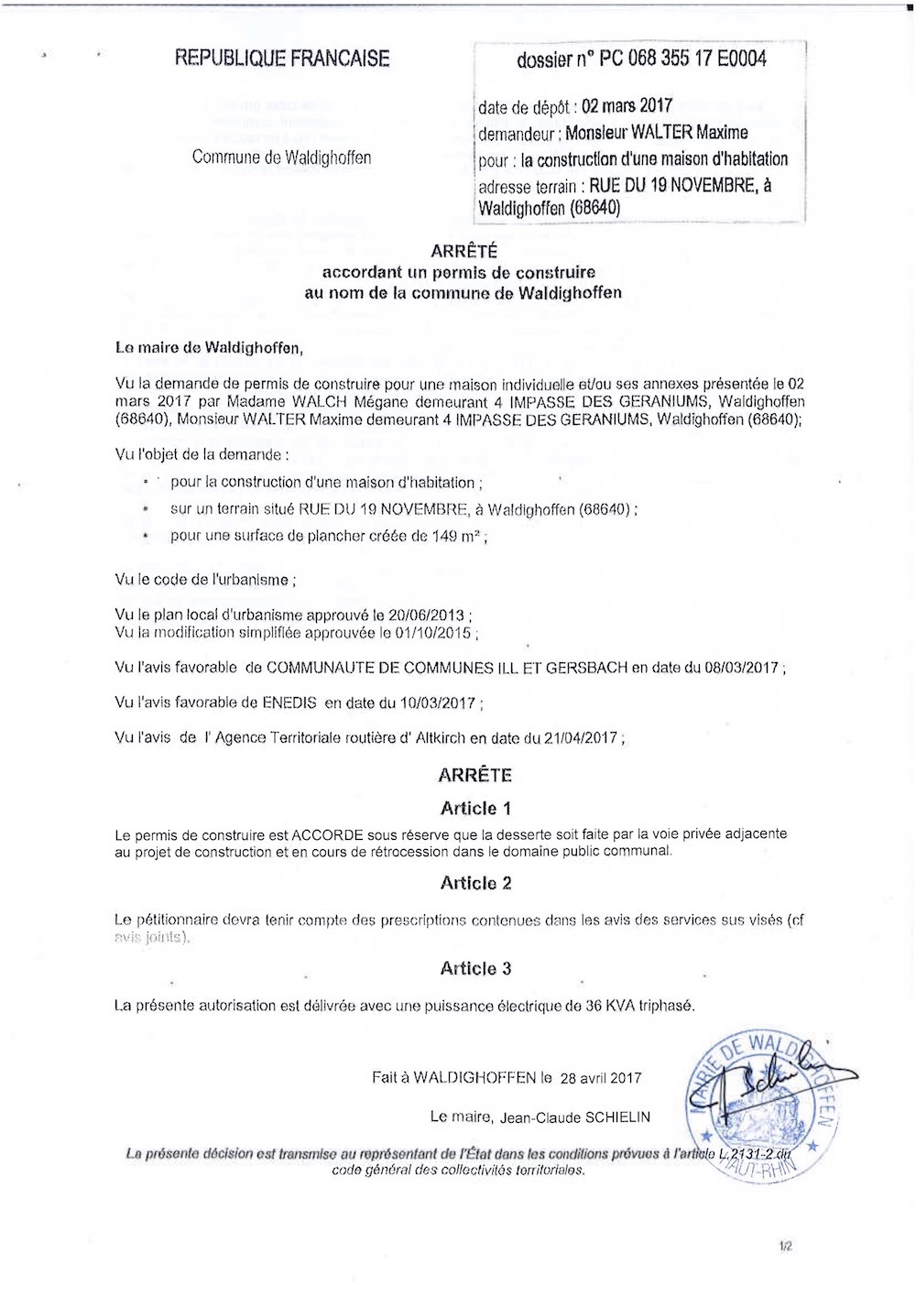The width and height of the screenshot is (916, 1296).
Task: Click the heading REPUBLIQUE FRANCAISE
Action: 282,59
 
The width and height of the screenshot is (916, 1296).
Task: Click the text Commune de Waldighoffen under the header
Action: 281,158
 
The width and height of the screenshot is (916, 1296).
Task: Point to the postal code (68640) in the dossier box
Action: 594,208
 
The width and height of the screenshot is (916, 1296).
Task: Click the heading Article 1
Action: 475,808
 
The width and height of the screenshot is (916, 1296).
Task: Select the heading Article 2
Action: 475,883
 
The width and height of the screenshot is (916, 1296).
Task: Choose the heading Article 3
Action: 475,968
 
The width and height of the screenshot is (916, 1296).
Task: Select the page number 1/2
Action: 786,1247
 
